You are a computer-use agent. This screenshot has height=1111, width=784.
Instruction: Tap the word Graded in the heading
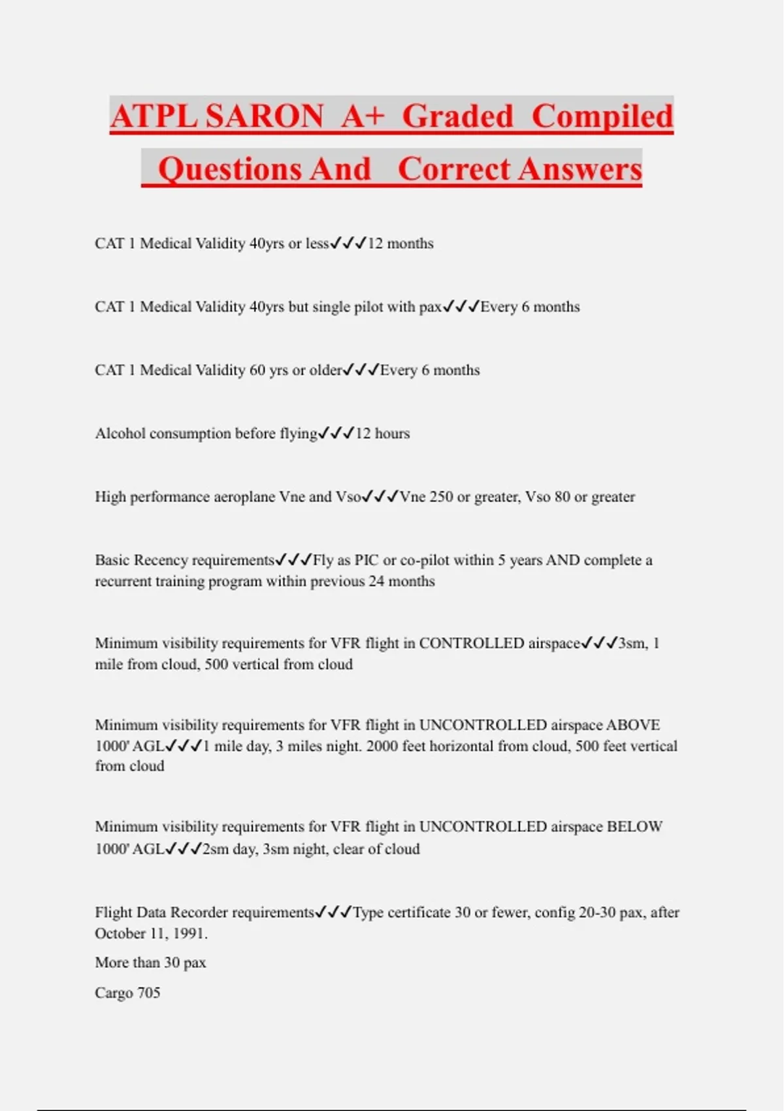(457, 116)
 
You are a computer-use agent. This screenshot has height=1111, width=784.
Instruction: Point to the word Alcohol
(120, 433)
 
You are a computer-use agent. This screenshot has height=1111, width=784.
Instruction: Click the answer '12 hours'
(382, 433)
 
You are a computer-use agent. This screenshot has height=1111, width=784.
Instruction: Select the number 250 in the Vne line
(441, 497)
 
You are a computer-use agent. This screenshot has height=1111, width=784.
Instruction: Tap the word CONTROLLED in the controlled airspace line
(471, 643)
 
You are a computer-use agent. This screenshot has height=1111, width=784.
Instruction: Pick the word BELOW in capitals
(634, 827)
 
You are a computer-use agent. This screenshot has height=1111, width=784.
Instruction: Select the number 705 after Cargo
(148, 993)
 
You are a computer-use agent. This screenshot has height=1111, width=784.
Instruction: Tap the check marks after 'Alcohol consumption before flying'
(336, 433)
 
